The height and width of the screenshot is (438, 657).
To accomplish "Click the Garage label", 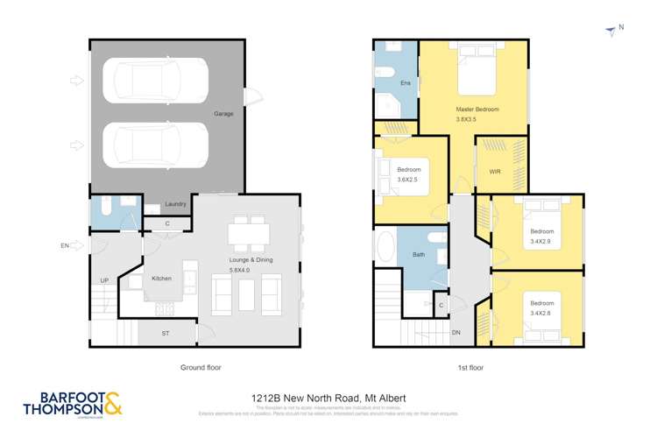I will pyautogui.click(x=224, y=114).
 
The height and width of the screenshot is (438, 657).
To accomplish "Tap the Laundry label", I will pyautogui.click(x=175, y=204).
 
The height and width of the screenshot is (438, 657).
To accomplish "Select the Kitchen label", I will pyautogui.click(x=161, y=279).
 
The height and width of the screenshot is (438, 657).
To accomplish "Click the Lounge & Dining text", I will pyautogui.click(x=244, y=262).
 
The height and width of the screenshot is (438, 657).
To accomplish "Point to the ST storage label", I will pyautogui.click(x=165, y=333).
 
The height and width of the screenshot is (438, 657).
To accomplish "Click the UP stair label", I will pyautogui.click(x=104, y=280).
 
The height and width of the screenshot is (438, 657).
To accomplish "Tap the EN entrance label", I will pyautogui.click(x=65, y=246).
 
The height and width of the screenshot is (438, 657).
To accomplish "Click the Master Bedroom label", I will pyautogui.click(x=477, y=109).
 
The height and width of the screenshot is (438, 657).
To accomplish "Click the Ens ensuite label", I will pyautogui.click(x=406, y=83).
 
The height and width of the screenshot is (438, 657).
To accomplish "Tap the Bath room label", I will pyautogui.click(x=419, y=255).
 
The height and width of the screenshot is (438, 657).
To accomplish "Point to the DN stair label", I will pyautogui.click(x=456, y=333).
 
